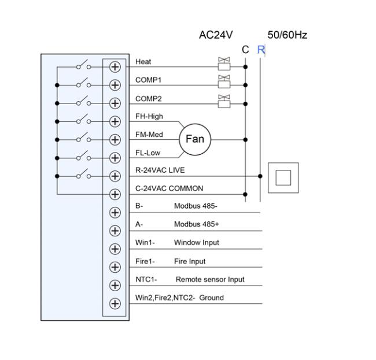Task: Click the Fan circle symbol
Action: [x=195, y=139]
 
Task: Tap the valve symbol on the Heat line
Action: [x=223, y=62]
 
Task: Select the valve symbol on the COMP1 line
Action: [x=223, y=81]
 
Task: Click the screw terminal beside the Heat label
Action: [x=115, y=66]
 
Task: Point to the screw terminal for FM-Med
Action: [x=115, y=139]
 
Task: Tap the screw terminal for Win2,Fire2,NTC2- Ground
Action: [x=115, y=303]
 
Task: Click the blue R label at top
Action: [x=261, y=50]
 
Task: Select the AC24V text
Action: [x=216, y=35]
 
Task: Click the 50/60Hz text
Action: [x=287, y=35]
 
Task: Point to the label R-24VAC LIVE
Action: [x=160, y=170]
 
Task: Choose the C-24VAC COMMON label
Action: [x=169, y=188]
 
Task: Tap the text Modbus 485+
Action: [x=197, y=224]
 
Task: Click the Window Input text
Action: [x=197, y=243]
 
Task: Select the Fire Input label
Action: [x=190, y=261]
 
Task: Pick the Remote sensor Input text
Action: [x=210, y=280]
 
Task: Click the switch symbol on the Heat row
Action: [x=83, y=65]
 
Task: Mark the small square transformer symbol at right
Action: [x=283, y=177]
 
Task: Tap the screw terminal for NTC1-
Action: [x=115, y=285]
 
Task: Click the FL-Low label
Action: [x=148, y=153]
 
